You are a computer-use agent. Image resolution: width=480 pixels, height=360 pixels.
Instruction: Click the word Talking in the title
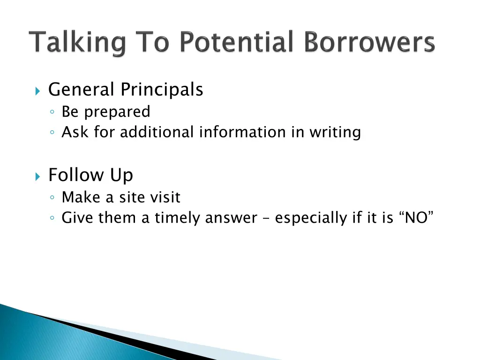(x=78, y=44)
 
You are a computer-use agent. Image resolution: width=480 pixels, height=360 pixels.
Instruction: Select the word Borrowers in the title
(x=369, y=43)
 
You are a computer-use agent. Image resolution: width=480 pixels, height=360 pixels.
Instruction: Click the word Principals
(x=162, y=90)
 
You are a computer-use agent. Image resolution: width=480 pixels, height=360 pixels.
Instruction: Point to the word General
(x=82, y=89)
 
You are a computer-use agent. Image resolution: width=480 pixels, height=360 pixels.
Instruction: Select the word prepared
(x=121, y=112)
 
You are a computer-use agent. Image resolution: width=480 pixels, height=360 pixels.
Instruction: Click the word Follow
(x=76, y=175)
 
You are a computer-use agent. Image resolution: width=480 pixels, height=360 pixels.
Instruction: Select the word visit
(x=165, y=197)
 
